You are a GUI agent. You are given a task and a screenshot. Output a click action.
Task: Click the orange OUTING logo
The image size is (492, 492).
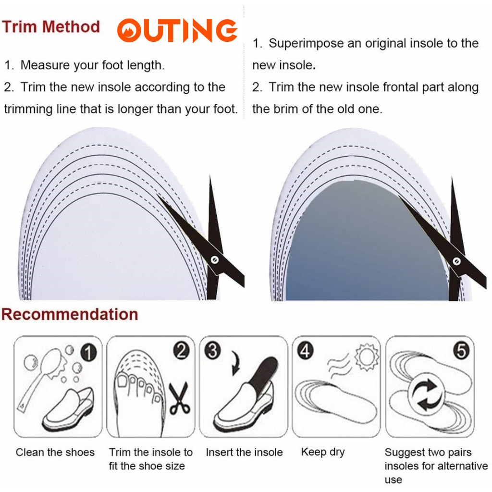[x=177, y=30]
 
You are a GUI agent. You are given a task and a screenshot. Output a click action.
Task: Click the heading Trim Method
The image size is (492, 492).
[x=51, y=27]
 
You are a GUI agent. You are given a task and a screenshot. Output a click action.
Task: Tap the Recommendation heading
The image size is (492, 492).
[x=70, y=314]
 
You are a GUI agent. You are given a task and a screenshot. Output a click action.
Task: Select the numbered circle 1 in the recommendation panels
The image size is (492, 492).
[x=88, y=352]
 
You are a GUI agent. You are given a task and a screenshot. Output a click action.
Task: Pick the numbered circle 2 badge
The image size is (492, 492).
[x=181, y=350]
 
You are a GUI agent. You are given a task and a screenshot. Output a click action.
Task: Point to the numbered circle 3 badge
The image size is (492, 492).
[x=212, y=350]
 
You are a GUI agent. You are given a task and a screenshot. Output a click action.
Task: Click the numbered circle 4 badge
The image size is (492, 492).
[x=305, y=350]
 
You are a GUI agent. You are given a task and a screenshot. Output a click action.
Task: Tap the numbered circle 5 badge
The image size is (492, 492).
[x=461, y=350]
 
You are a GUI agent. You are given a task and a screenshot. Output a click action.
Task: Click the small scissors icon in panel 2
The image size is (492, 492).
[x=180, y=398]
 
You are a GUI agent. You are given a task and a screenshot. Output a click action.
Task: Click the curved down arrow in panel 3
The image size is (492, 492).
[x=235, y=363]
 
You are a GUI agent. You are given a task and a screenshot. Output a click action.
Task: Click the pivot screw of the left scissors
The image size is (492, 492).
[x=215, y=260]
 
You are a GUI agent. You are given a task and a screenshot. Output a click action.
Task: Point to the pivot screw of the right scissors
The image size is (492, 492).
[x=456, y=261]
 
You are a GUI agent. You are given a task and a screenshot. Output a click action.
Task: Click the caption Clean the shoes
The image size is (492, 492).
[x=55, y=452]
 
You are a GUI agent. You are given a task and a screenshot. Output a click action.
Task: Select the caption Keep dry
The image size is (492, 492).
[x=323, y=452]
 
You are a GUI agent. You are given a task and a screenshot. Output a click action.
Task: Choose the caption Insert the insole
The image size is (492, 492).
[x=244, y=452]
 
